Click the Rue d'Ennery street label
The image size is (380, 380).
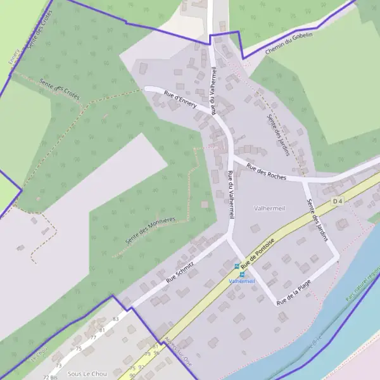tap(180, 100)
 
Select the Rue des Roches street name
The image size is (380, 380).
tap(267, 172)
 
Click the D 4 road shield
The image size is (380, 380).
tap(338, 201)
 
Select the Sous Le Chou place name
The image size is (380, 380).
tap(87, 374)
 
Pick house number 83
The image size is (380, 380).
tap(115, 319)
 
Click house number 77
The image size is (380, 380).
tap(93, 338)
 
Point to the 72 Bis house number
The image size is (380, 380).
tap(50, 377)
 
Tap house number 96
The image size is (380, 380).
tap(156, 353)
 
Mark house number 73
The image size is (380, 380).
tap(58, 366)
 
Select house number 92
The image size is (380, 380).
tap(141, 367)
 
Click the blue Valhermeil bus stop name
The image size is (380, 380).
tap(241, 281)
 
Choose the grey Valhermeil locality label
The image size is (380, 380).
tap(270, 208)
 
